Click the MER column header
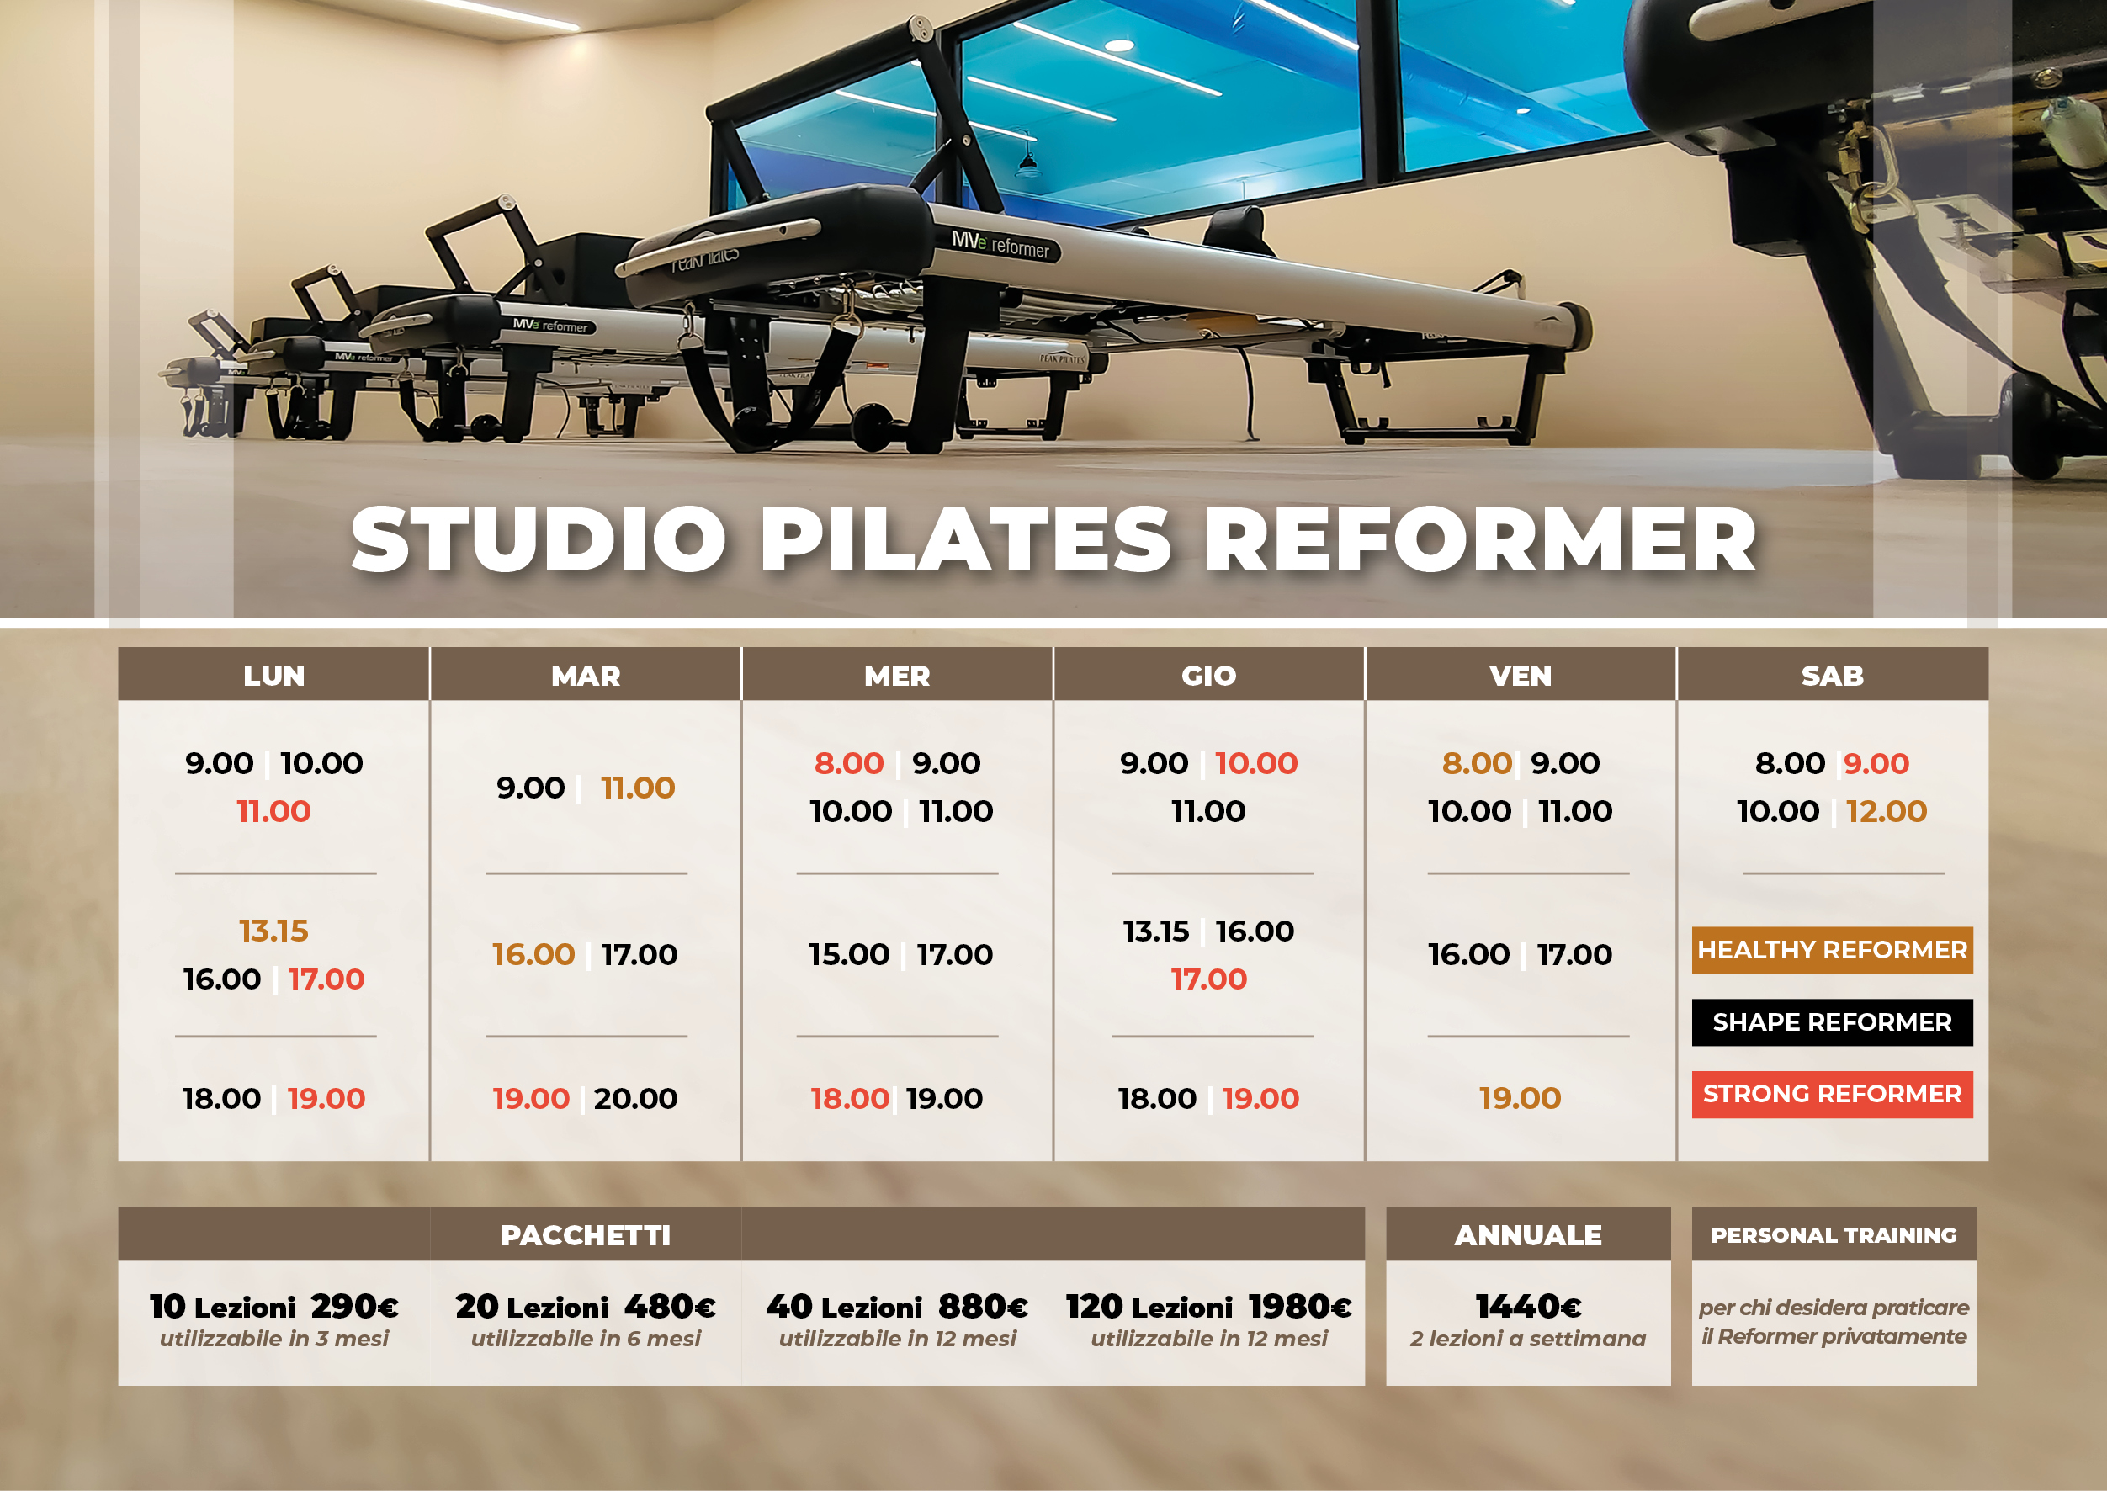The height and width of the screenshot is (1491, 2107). click(x=897, y=676)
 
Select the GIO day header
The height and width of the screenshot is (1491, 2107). click(x=1208, y=676)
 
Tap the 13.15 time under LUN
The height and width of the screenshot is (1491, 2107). click(x=273, y=931)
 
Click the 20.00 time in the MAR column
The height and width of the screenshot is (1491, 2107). click(x=635, y=1098)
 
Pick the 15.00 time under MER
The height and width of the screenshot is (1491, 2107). click(x=849, y=955)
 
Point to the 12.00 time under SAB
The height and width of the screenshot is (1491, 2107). click(x=1887, y=812)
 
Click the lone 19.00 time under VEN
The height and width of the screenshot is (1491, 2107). click(x=1521, y=1098)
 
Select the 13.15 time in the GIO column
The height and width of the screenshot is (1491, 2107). click(x=1156, y=931)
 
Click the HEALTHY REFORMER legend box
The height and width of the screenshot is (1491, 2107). click(x=1833, y=950)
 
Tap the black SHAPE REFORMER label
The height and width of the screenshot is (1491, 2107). click(x=1833, y=1021)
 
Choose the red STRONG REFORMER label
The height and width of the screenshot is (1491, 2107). click(x=1833, y=1095)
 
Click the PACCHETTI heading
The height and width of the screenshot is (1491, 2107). click(x=586, y=1236)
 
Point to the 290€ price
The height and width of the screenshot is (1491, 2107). click(x=354, y=1307)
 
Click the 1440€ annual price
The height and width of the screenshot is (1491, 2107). click(x=1529, y=1307)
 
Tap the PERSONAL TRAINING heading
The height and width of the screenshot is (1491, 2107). click(x=1834, y=1236)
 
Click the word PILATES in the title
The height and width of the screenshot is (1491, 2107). click(x=966, y=540)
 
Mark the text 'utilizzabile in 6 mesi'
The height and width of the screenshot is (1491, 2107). click(x=586, y=1340)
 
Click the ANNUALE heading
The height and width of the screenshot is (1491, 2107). click(x=1529, y=1236)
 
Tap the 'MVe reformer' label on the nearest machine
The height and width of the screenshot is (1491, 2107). click(x=1000, y=245)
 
